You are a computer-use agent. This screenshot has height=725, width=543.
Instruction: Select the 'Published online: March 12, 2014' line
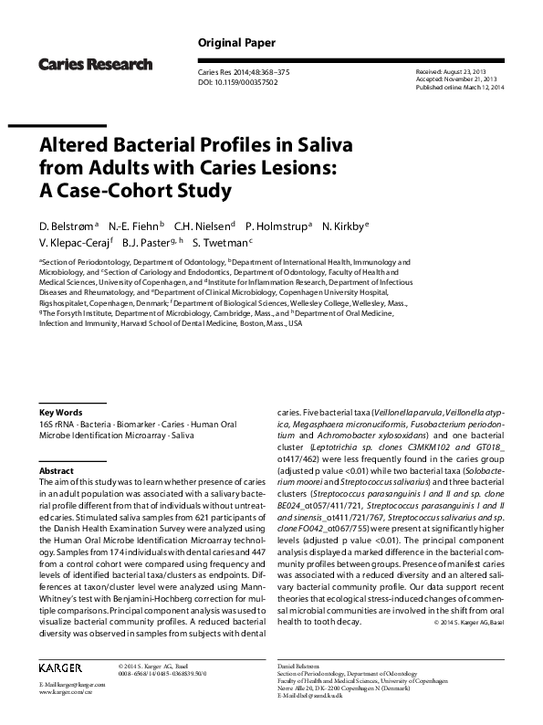458,89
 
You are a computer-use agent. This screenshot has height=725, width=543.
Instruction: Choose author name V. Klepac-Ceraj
75,242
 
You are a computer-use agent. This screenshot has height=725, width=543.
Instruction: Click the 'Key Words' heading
60,412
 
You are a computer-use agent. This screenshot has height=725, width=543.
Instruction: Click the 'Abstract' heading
56,470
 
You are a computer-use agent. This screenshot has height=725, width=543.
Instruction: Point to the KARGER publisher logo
61,668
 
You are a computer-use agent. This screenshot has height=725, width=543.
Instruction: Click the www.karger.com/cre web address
67,692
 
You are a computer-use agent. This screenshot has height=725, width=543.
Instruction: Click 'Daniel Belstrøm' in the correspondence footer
298,667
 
